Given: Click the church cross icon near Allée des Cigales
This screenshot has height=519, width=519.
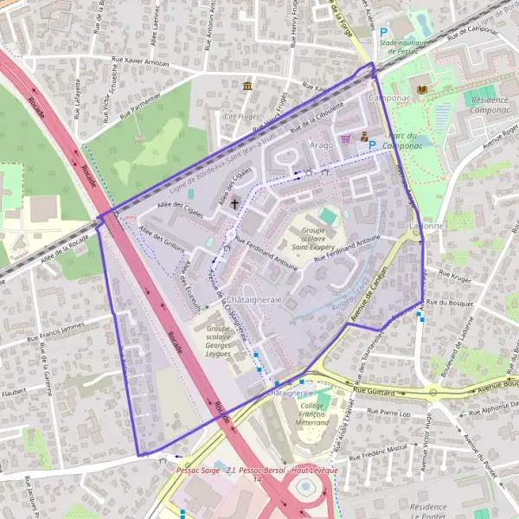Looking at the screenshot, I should pyautogui.click(x=234, y=204).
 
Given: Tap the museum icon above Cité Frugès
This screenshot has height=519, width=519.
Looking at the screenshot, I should pyautogui.click(x=248, y=86).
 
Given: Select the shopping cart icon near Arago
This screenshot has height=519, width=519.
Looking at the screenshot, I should pyautogui.click(x=347, y=138).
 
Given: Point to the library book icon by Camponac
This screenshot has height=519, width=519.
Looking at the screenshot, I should pyautogui.click(x=422, y=90).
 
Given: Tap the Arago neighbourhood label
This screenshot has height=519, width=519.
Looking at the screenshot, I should pyautogui.click(x=321, y=145).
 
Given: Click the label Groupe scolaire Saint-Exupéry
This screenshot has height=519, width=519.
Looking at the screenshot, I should pyautogui.click(x=311, y=240).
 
